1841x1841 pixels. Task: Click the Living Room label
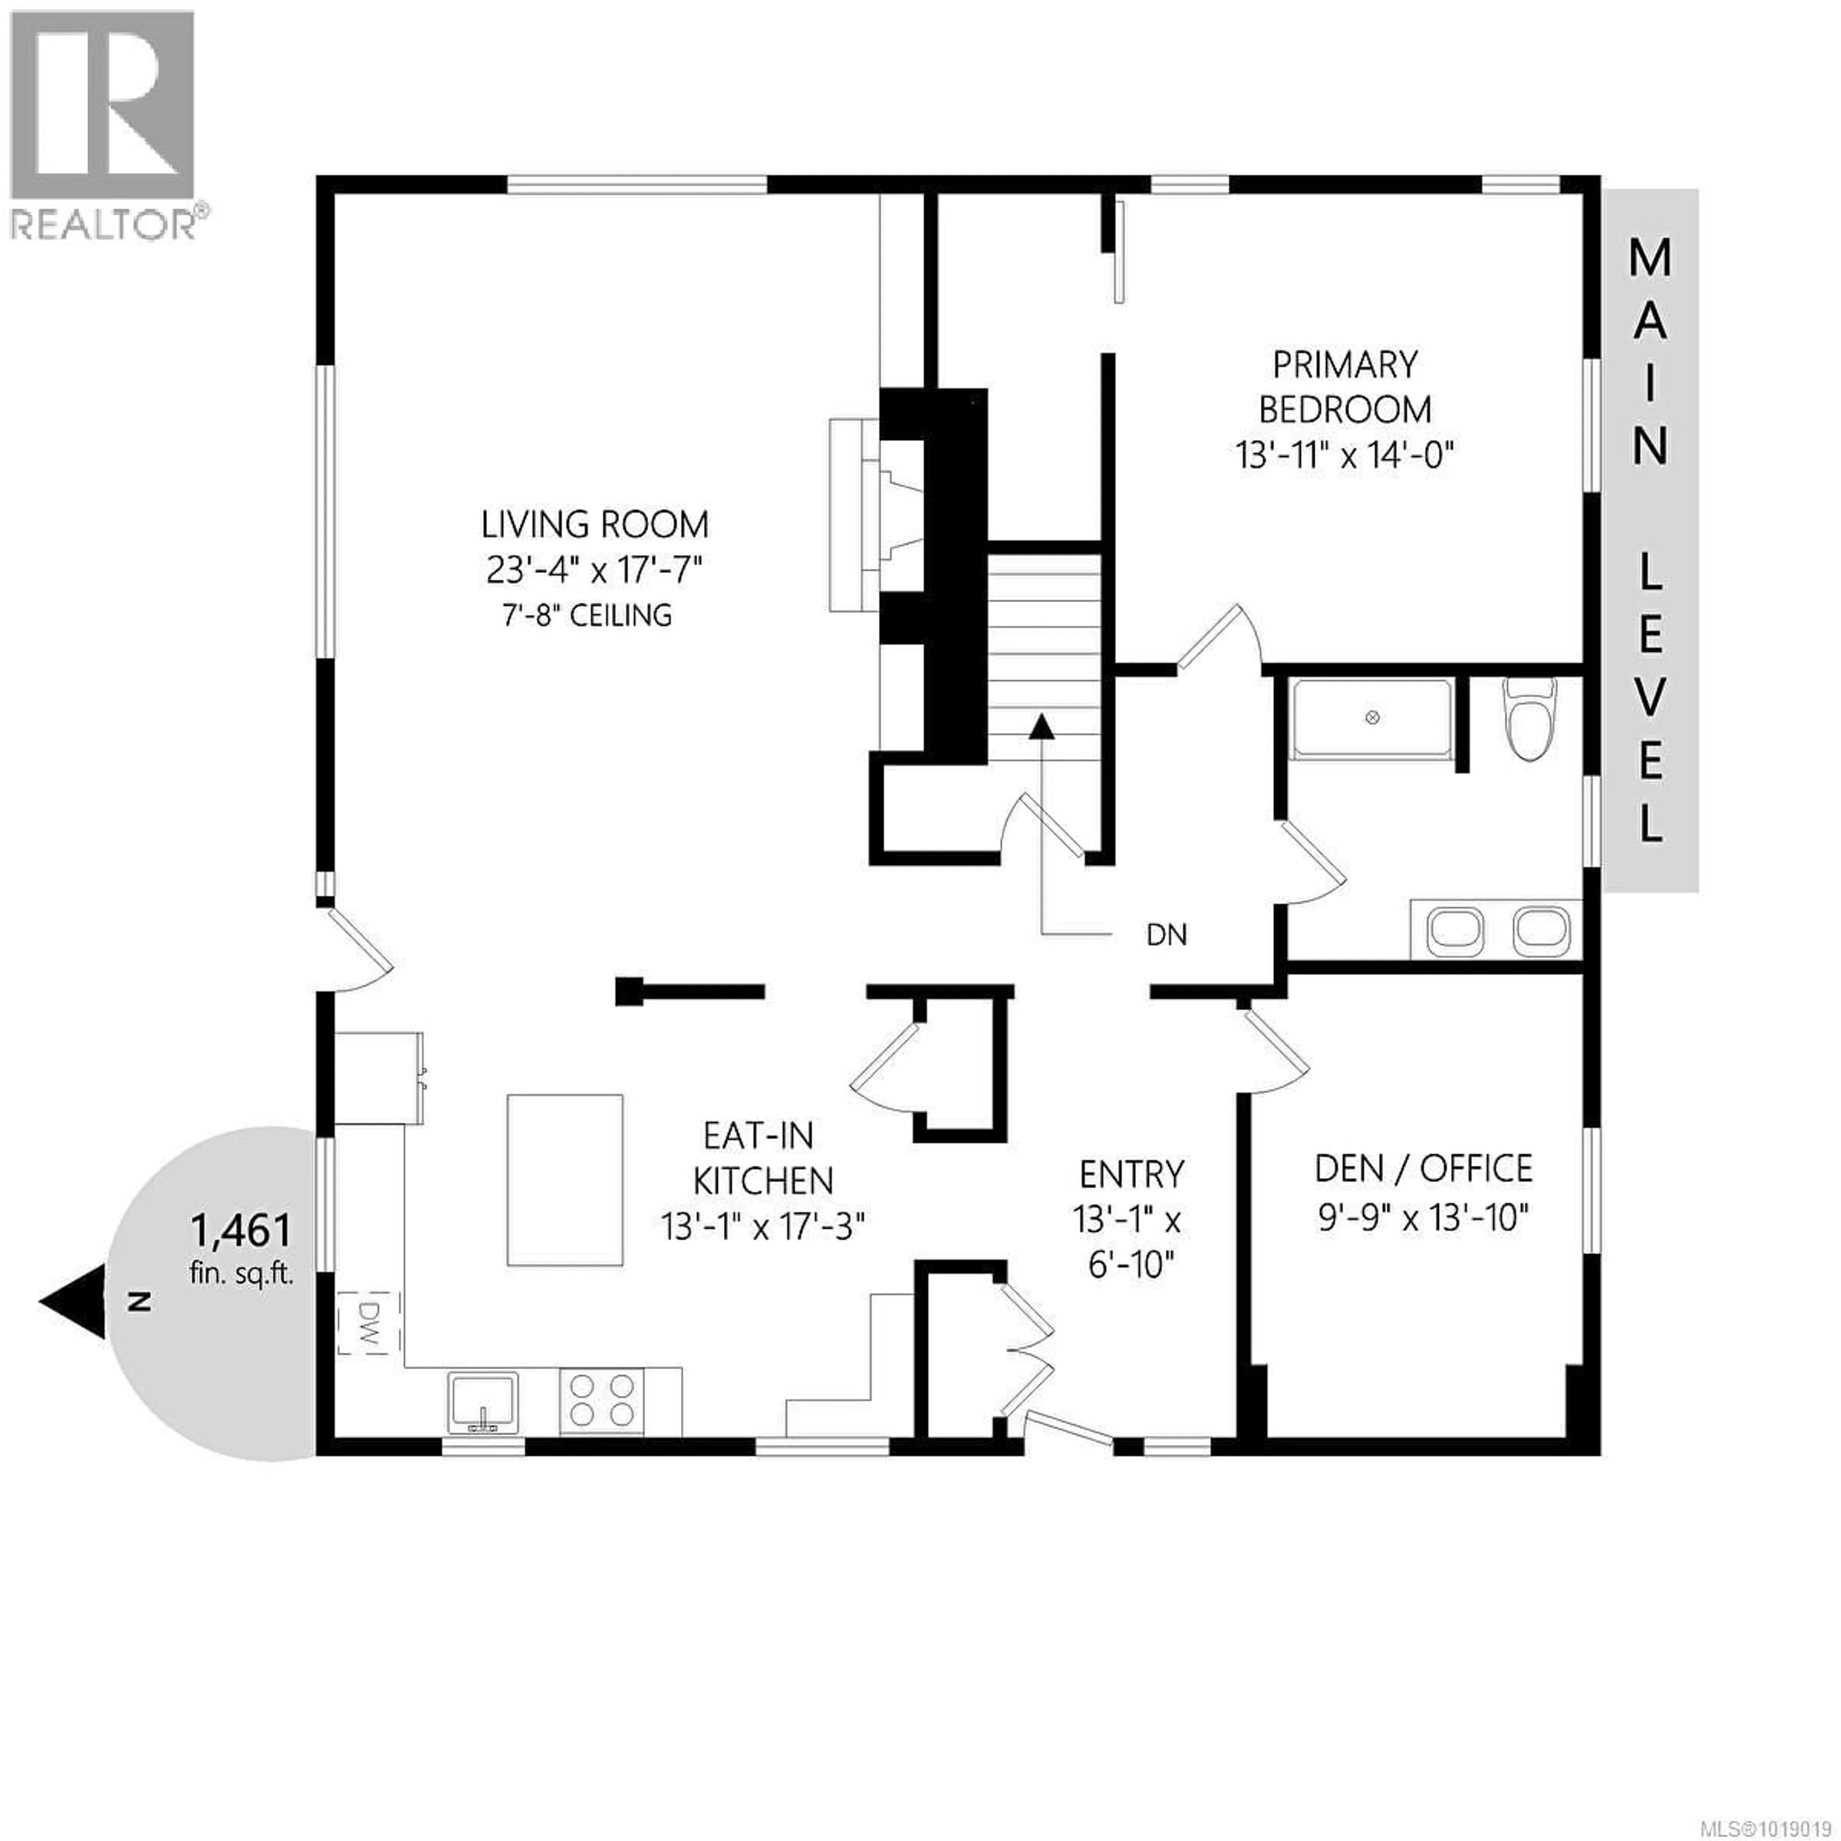(x=594, y=525)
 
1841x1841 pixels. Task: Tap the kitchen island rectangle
(x=565, y=1180)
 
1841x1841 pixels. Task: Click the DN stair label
(x=1166, y=935)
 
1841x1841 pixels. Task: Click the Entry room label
(x=1131, y=1174)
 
